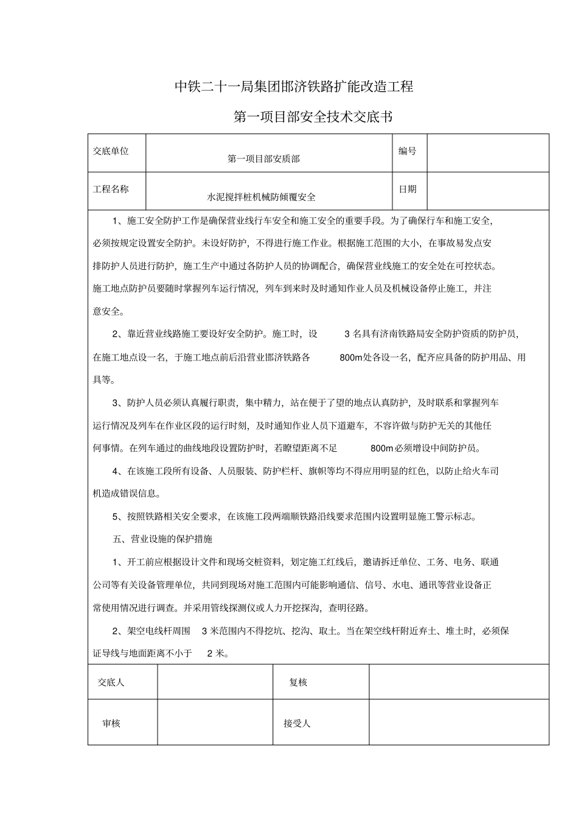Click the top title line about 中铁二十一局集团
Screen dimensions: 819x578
294,86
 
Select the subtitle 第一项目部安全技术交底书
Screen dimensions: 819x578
313,117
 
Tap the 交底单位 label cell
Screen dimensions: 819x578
111,151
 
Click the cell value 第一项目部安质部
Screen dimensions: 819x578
263,159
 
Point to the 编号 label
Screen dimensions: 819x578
407,151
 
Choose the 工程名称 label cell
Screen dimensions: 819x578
111,189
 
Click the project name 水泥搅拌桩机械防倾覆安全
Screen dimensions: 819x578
262,197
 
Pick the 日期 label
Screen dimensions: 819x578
407,189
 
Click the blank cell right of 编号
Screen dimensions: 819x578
487,152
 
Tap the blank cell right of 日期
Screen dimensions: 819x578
487,190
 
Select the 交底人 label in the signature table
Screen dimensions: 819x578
111,683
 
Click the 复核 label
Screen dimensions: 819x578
298,683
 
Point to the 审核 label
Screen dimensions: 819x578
111,723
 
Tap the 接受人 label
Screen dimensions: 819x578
297,723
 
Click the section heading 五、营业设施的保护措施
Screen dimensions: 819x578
162,539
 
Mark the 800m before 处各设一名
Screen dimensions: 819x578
350,357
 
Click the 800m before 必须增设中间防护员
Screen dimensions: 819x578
381,448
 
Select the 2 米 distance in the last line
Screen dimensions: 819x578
217,653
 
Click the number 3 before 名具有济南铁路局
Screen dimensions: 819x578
347,334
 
